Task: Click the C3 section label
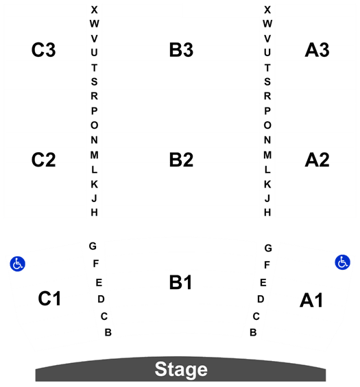pyautogui.click(x=43, y=50)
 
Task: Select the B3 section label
pyautogui.click(x=181, y=50)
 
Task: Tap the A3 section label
pyautogui.click(x=317, y=50)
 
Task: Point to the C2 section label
pyautogui.click(x=43, y=160)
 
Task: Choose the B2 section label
pyautogui.click(x=181, y=160)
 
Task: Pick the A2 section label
pyautogui.click(x=317, y=160)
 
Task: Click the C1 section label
pyautogui.click(x=49, y=299)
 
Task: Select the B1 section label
pyautogui.click(x=180, y=282)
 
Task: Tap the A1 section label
pyautogui.click(x=311, y=300)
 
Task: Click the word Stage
pyautogui.click(x=181, y=369)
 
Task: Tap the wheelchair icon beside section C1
pyautogui.click(x=18, y=264)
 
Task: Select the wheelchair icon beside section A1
pyautogui.click(x=342, y=262)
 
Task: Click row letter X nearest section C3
pyautogui.click(x=94, y=10)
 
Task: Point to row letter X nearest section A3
pyautogui.click(x=267, y=10)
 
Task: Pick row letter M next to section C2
pyautogui.click(x=94, y=155)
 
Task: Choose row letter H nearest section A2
pyautogui.click(x=267, y=212)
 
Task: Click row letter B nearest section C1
pyautogui.click(x=108, y=332)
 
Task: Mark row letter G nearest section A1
pyautogui.click(x=268, y=248)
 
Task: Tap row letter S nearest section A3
pyautogui.click(x=267, y=82)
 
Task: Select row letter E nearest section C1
pyautogui.click(x=99, y=282)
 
